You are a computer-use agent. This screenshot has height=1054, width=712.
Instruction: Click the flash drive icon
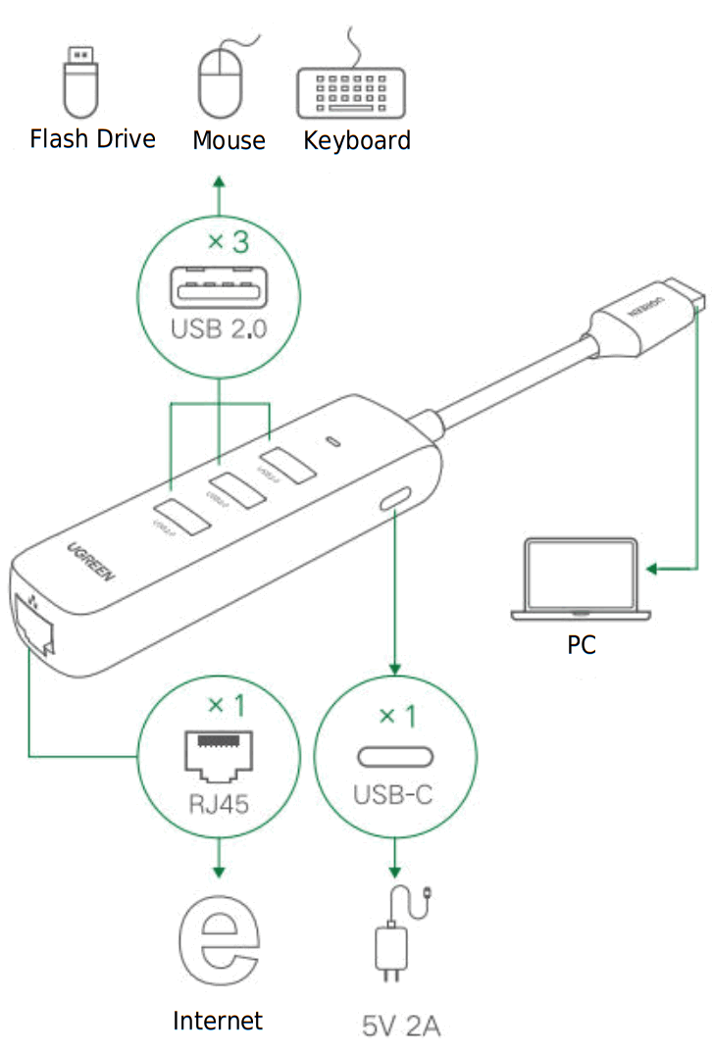81,80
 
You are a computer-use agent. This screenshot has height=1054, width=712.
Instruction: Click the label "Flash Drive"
92,138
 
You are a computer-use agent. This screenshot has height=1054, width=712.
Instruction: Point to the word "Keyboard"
357,140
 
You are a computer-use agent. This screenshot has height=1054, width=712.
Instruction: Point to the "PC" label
582,645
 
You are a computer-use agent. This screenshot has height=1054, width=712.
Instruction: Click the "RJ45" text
218,804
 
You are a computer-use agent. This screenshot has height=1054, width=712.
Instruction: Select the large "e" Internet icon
219,943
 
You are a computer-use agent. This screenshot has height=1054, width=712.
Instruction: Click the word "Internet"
218,1021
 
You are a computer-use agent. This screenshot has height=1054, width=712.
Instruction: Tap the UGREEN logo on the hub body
91,563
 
